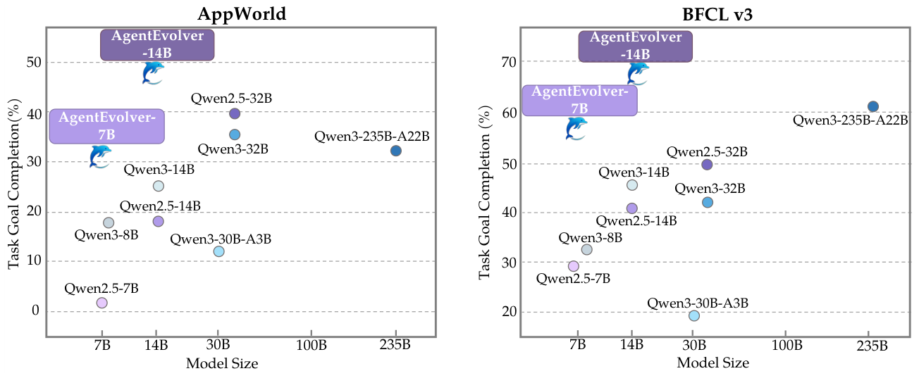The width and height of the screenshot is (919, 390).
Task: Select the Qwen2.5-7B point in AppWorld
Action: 101,303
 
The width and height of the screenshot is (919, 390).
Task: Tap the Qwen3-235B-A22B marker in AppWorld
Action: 395,151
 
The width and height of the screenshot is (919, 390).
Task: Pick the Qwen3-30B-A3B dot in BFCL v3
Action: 694,315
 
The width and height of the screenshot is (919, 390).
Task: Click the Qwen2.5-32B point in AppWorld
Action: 235,113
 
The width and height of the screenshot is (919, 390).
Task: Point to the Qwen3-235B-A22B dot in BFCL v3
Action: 872,106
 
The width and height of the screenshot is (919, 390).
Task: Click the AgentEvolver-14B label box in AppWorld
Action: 156,44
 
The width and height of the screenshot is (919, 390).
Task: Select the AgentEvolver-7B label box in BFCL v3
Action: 579,100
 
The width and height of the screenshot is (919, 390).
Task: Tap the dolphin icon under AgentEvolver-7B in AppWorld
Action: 100,156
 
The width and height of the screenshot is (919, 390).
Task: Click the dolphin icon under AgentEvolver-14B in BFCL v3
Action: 638,73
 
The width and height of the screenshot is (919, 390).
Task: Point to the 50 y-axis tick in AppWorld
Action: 33,63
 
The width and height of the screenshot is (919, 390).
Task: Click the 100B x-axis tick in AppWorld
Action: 311,345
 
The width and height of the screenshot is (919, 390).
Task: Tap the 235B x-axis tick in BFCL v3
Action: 872,345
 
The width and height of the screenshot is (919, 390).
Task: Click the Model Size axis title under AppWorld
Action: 221,364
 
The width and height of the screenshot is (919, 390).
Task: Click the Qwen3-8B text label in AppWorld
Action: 106,234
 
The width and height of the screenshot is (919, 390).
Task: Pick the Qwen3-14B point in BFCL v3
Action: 632,185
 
